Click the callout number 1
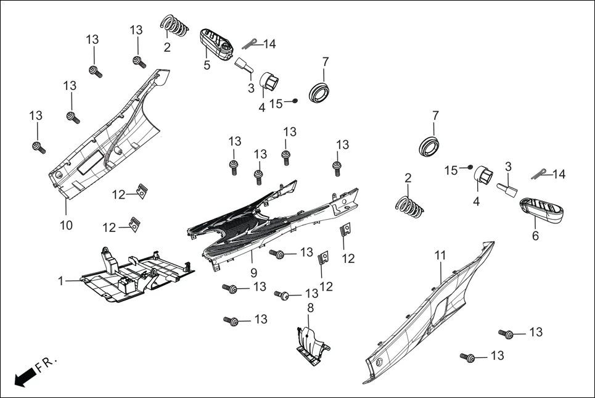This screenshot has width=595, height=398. pos(60,281)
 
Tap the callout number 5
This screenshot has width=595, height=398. pos(207,65)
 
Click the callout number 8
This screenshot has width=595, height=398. pos(310,307)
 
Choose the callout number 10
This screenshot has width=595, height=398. pos(66,225)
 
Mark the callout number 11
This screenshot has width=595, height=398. pos(440,255)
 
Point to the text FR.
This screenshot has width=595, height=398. pos(46,363)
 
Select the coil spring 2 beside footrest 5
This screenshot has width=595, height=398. pos(174,26)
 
